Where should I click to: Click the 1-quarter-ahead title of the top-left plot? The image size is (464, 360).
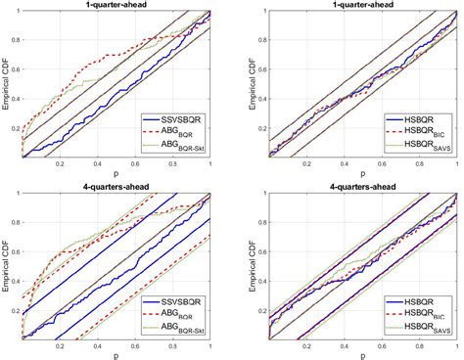[x=116, y=5]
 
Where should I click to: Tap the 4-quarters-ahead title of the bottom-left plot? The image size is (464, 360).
[x=116, y=185]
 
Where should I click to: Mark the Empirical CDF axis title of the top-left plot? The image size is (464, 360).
[x=7, y=85]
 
